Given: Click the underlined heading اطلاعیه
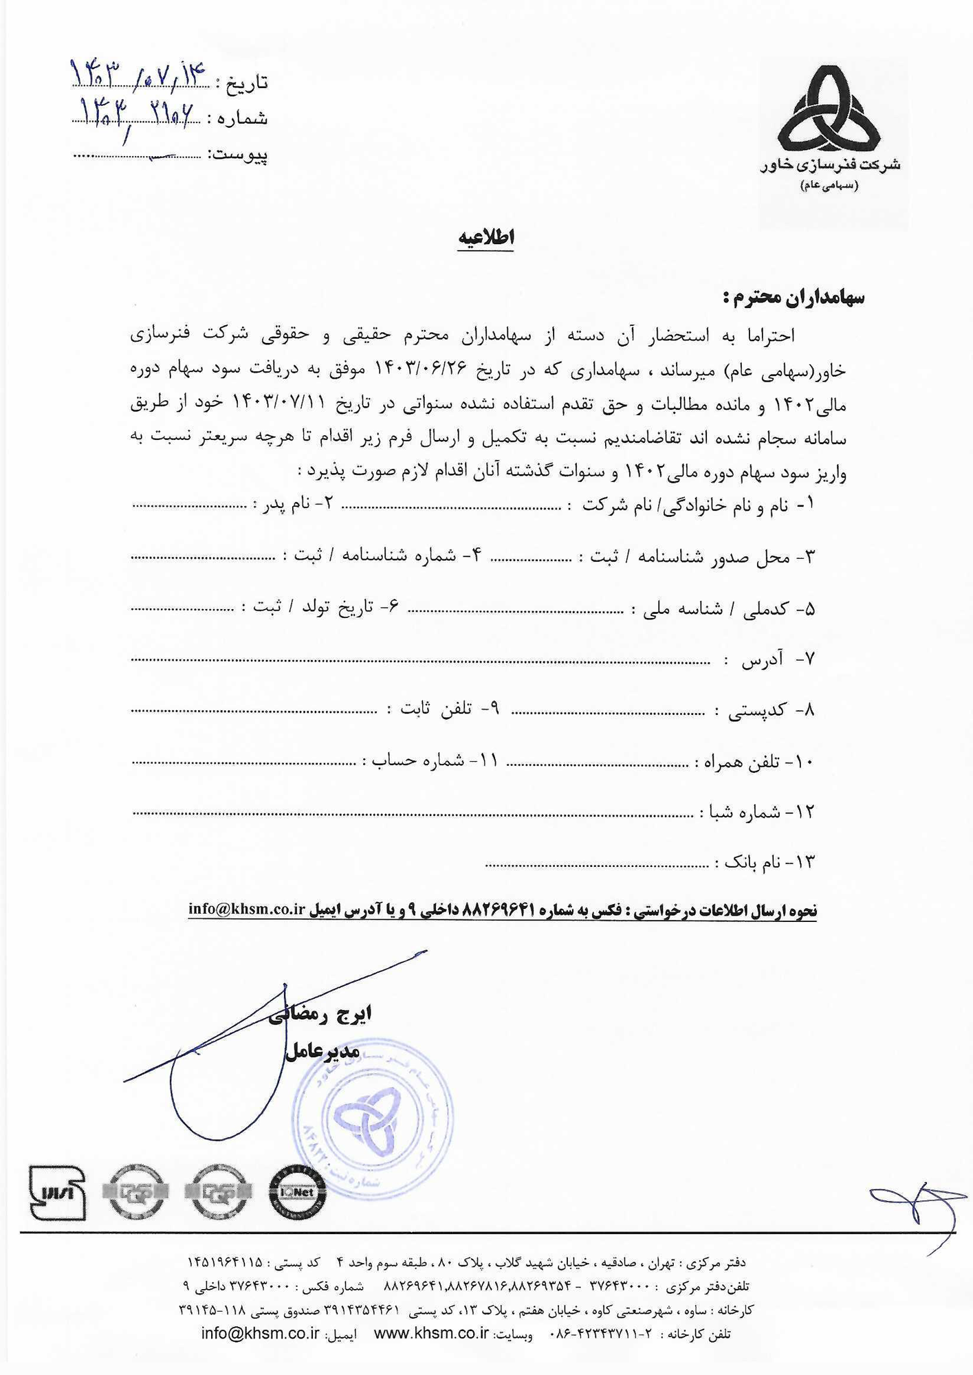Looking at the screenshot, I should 486,237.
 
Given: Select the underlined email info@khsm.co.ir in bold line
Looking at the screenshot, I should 246,909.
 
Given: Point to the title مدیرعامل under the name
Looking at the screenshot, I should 322,1050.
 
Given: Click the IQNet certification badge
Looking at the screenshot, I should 297,1192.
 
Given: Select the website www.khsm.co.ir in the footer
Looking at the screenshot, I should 431,1333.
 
